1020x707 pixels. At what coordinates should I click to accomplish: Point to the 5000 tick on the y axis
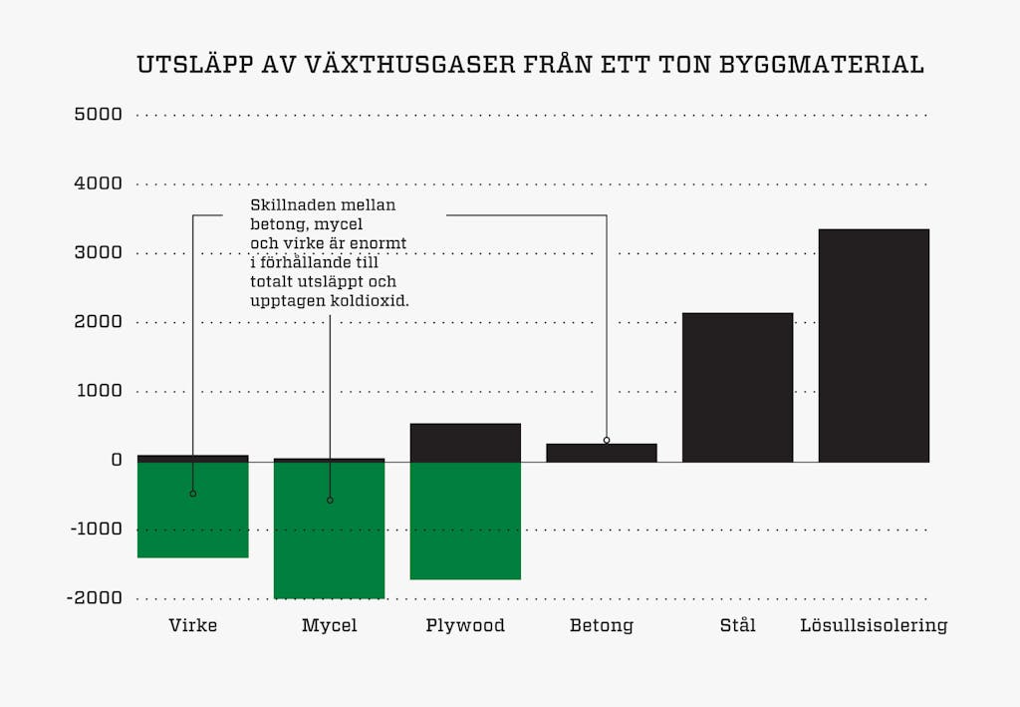tap(98, 115)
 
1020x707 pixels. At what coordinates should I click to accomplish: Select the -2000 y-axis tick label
tap(96, 598)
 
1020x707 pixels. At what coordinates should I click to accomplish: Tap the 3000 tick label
tap(98, 253)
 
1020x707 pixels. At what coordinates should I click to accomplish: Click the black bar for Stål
tap(737, 387)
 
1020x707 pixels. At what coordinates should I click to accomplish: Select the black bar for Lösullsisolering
tap(874, 345)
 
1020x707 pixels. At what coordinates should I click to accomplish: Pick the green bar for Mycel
tap(329, 530)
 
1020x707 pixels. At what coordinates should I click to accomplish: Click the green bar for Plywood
tap(465, 521)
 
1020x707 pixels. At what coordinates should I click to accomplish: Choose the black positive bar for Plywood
tap(465, 443)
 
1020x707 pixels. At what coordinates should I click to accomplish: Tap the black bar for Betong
tap(602, 453)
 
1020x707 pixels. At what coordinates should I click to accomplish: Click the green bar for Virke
tap(192, 510)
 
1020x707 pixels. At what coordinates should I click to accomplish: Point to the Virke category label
tap(192, 626)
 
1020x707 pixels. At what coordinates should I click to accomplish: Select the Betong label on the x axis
tap(602, 626)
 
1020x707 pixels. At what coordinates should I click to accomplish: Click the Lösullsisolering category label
tap(874, 626)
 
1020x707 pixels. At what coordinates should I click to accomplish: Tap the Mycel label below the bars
tap(329, 626)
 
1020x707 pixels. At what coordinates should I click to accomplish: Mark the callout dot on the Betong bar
tap(607, 440)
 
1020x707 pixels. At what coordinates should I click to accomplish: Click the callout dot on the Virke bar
tap(192, 494)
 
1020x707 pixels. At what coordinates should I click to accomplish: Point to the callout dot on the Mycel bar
tap(330, 500)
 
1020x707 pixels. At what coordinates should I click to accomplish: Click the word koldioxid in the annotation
tap(372, 300)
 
